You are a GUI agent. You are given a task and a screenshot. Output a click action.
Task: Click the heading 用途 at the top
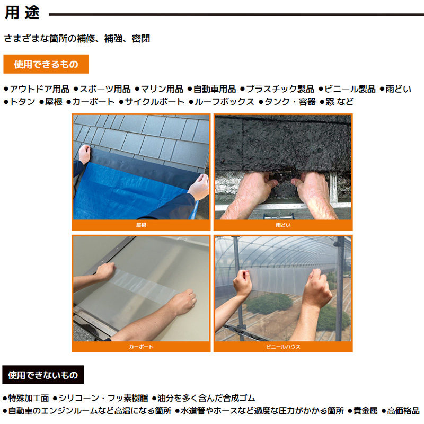pos(22,12)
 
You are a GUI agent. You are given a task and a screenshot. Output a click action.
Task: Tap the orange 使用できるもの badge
pos(46,64)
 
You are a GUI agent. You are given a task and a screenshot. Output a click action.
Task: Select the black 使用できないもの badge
pos(43,375)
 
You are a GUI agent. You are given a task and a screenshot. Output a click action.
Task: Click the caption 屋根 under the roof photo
pos(141,225)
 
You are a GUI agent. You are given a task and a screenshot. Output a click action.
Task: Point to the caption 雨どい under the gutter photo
pos(283,225)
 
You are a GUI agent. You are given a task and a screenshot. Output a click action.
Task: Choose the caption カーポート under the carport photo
pos(141,347)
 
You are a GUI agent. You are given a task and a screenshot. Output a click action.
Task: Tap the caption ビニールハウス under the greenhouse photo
pos(283,347)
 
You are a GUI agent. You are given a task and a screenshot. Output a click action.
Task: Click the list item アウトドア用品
pos(39,89)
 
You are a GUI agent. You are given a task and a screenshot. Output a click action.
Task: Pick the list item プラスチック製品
pos(280,89)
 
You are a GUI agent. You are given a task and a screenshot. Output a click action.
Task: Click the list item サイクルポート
pos(154,102)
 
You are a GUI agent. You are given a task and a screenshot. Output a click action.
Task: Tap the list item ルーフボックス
pos(224,102)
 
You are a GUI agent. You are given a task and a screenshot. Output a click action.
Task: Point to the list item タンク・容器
pos(290,102)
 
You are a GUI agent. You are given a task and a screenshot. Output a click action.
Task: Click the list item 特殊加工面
pos(29,398)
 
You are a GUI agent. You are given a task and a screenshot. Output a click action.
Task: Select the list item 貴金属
pos(365,411)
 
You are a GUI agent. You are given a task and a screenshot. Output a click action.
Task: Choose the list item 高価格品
pos(403,411)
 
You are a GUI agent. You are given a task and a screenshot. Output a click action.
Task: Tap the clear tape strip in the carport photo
pos(143,287)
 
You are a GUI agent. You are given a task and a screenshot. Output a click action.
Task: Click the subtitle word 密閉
pos(141,39)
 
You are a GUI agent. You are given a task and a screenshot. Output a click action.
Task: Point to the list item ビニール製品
pos(350,89)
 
